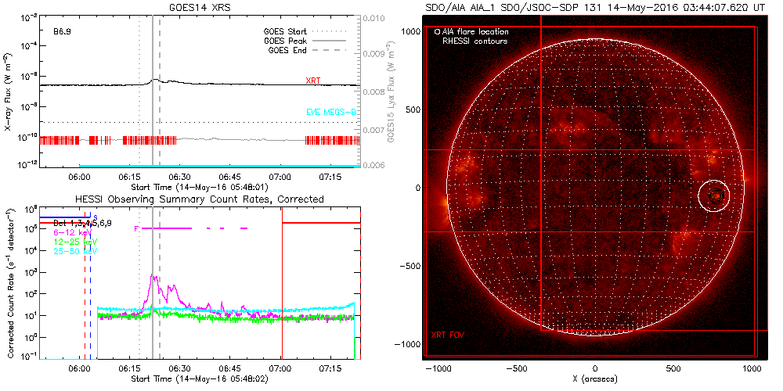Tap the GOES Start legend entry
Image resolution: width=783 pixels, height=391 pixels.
tap(286, 32)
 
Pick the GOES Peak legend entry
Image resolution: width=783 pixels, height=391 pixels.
tap(286, 41)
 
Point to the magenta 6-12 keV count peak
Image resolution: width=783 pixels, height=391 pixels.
tap(154, 276)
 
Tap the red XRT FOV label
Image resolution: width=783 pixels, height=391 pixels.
tap(447, 335)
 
